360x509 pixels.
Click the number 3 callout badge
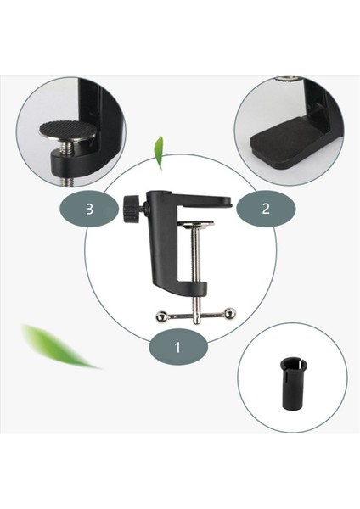pyautogui.click(x=89, y=209)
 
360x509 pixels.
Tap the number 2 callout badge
pyautogui.click(x=265, y=209)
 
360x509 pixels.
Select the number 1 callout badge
pyautogui.click(x=177, y=347)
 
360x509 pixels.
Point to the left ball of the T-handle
pyautogui.click(x=161, y=316)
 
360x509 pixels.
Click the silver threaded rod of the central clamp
pyautogui.click(x=195, y=263)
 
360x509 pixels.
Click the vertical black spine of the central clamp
pyautogui.click(x=160, y=246)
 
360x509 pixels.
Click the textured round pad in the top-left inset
pyautogui.click(x=68, y=130)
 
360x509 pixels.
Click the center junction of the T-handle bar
pyautogui.click(x=195, y=316)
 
